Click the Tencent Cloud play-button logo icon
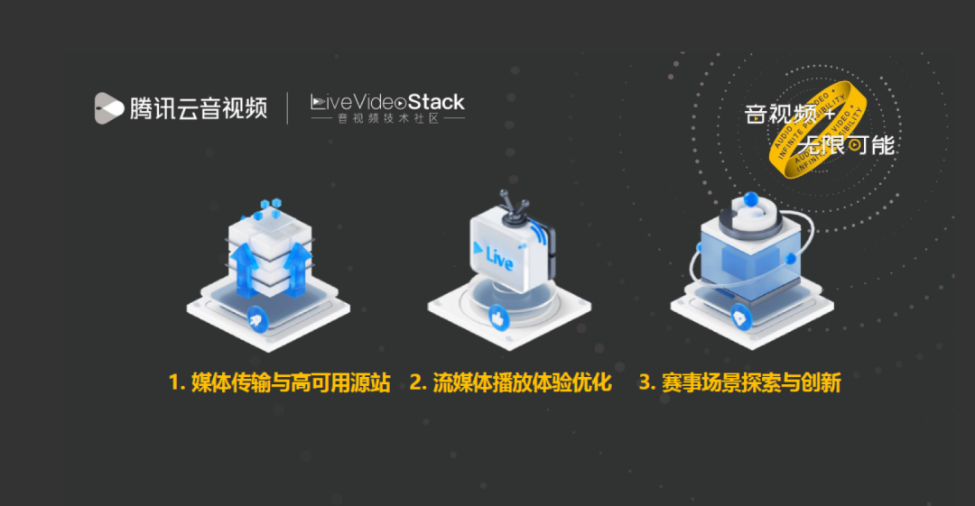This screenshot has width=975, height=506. tap(109, 108)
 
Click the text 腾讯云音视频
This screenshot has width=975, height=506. tap(199, 108)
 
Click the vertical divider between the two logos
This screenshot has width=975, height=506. tap(288, 108)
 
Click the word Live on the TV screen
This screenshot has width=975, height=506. tap(499, 259)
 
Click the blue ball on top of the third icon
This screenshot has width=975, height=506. tap(750, 199)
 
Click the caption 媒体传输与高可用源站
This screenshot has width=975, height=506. tap(280, 382)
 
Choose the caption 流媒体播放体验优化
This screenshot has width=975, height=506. tap(511, 382)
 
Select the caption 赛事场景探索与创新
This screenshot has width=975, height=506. tap(740, 382)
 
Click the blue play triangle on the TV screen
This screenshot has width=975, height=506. tap(478, 245)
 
